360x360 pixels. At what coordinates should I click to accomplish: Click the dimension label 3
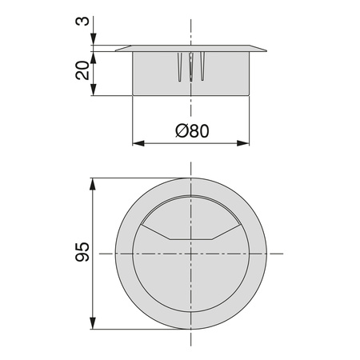pyautogui.click(x=82, y=21)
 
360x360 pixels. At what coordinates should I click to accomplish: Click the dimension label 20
pyautogui.click(x=82, y=70)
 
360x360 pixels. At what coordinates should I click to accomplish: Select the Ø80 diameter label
pyautogui.click(x=192, y=131)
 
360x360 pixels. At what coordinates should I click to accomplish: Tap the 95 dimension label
pyautogui.click(x=82, y=252)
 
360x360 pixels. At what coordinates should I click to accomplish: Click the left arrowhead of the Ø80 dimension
pyautogui.click(x=138, y=143)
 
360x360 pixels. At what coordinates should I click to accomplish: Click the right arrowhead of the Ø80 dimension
pyautogui.click(x=243, y=143)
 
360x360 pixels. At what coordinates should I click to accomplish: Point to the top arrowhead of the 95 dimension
pyautogui.click(x=93, y=184)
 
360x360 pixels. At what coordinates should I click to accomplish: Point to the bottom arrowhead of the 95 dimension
pyautogui.click(x=93, y=323)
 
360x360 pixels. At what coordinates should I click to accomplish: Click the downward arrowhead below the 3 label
pyautogui.click(x=93, y=39)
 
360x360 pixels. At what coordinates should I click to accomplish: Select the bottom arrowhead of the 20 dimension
pyautogui.click(x=93, y=90)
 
